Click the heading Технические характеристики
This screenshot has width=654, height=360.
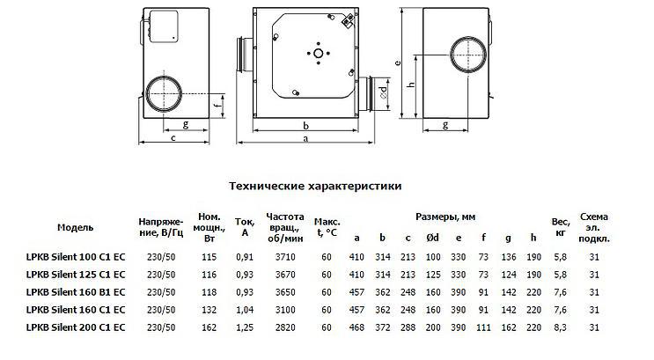[x=315, y=186]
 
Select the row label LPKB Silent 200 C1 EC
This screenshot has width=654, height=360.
[x=76, y=327]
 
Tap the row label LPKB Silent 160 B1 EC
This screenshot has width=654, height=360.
[x=76, y=292]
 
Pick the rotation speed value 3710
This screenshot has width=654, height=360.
[x=285, y=257]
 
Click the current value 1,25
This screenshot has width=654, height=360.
[x=245, y=327]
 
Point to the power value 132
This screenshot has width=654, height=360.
[x=209, y=310]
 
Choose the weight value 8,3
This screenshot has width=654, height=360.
[x=561, y=327]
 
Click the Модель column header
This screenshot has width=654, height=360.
[x=76, y=227]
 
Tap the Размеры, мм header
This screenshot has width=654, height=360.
[x=445, y=217]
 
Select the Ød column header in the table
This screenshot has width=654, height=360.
[x=433, y=238]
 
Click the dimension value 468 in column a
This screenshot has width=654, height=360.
[x=356, y=327]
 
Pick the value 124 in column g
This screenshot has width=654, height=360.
[x=509, y=275]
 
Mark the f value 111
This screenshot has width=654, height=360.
[x=483, y=327]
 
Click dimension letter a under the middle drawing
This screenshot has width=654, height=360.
[x=305, y=138]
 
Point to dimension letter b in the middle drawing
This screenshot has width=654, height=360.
[x=305, y=125]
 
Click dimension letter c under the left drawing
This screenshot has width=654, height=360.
[x=173, y=137]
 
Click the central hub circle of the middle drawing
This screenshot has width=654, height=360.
[x=319, y=54]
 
